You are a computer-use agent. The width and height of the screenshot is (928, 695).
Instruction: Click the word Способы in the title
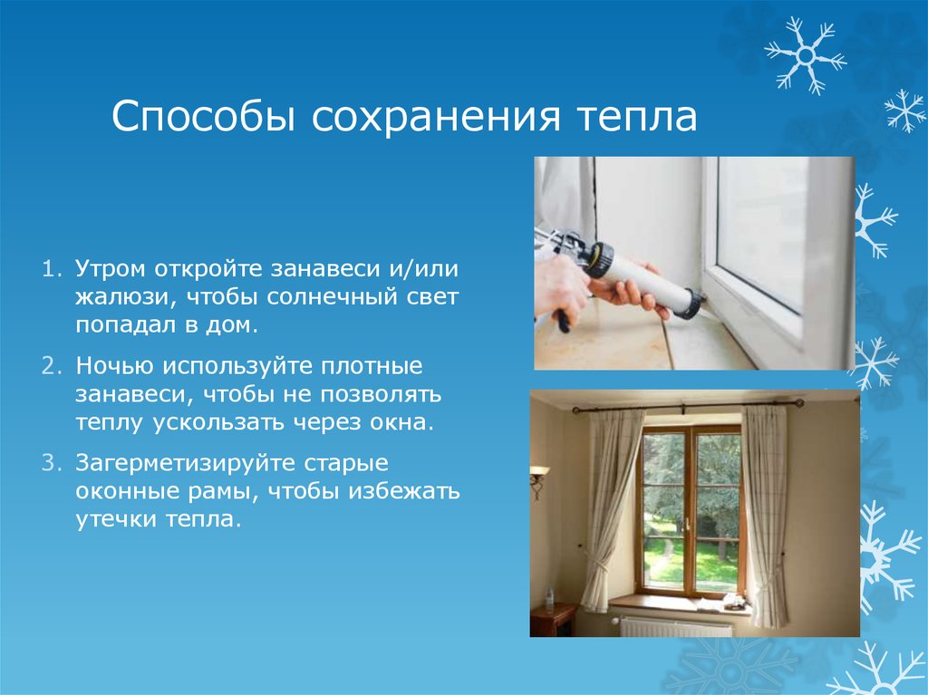[x=203, y=116]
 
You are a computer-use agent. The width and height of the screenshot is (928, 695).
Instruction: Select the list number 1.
[x=52, y=269]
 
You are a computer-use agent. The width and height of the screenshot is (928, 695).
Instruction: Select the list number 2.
[x=52, y=366]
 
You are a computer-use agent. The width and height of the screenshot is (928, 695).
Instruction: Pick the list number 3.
[x=52, y=463]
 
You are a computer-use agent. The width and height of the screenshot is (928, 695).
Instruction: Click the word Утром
[x=111, y=270]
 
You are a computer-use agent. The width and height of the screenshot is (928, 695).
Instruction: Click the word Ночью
[x=115, y=366]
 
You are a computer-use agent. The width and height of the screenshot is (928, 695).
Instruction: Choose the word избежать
[x=403, y=491]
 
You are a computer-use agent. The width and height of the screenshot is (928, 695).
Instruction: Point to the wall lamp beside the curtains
[x=537, y=480]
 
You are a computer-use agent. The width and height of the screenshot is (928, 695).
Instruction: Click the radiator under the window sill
[x=674, y=627]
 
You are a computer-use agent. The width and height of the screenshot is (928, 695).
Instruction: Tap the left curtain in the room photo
[x=610, y=509]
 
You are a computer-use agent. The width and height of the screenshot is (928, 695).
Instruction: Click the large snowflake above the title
[x=806, y=56]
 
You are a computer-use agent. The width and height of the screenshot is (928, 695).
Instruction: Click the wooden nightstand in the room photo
[x=552, y=620]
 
